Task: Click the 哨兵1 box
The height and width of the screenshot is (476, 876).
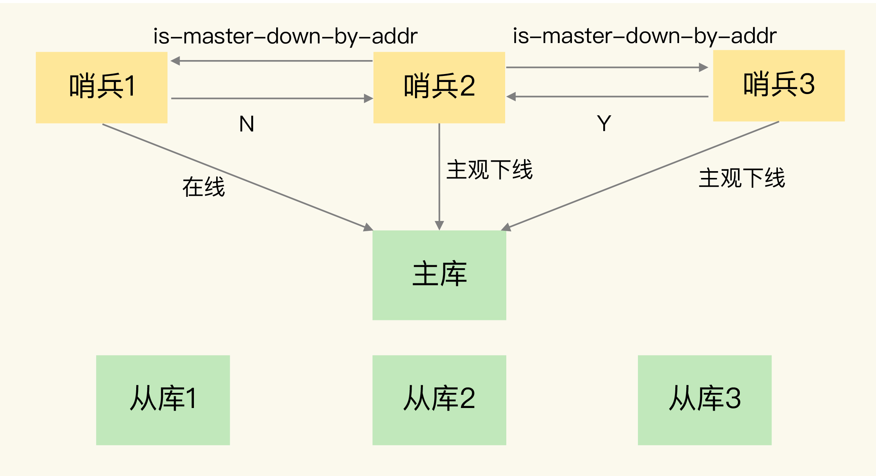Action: pyautogui.click(x=101, y=87)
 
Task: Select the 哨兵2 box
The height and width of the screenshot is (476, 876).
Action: pyautogui.click(x=439, y=87)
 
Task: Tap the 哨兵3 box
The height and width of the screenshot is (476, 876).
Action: pyautogui.click(x=778, y=85)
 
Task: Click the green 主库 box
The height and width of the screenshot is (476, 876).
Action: pyautogui.click(x=439, y=275)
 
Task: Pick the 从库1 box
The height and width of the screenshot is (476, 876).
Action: pyautogui.click(x=163, y=400)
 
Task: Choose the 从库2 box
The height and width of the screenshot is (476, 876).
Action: pyautogui.click(x=439, y=400)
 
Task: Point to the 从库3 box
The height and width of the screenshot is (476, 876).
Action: pyautogui.click(x=704, y=400)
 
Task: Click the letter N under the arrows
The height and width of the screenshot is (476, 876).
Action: pyautogui.click(x=247, y=124)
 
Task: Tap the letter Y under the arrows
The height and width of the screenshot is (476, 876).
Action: pyautogui.click(x=604, y=124)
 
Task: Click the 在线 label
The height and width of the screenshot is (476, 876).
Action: pyautogui.click(x=204, y=187)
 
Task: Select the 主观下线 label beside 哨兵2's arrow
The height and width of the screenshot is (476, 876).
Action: pyautogui.click(x=489, y=170)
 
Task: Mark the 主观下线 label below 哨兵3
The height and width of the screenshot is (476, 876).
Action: pyautogui.click(x=742, y=178)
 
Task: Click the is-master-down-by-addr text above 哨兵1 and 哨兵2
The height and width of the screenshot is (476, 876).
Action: pyautogui.click(x=285, y=36)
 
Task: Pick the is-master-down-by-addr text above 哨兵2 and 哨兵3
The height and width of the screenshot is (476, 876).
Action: pyautogui.click(x=644, y=36)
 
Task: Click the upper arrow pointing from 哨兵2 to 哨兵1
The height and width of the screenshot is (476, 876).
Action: pyautogui.click(x=272, y=61)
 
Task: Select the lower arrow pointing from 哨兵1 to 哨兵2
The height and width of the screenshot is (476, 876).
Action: pyautogui.click(x=272, y=99)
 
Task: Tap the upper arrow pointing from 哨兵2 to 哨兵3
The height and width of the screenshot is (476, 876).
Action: pyautogui.click(x=607, y=68)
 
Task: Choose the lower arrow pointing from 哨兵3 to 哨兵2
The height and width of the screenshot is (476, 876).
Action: pyautogui.click(x=607, y=97)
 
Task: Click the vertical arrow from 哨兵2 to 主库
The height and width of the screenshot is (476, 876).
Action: pyautogui.click(x=439, y=178)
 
